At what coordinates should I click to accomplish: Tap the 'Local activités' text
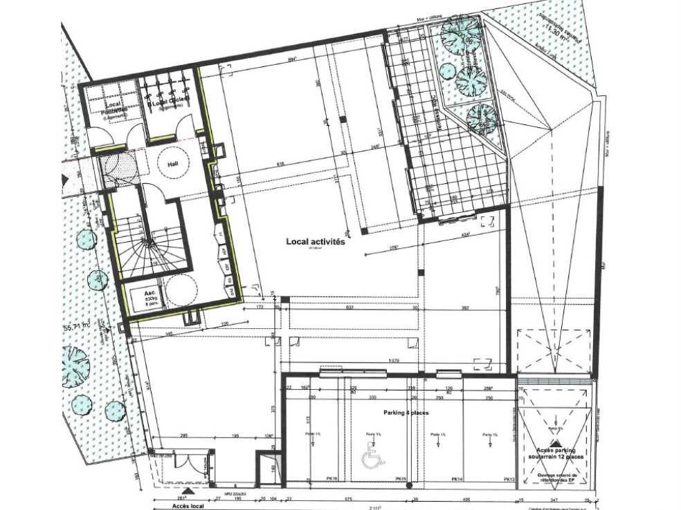pos(315,242)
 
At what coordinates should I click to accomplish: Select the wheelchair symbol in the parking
pos(372,458)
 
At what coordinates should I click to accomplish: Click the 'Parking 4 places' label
pos(407,413)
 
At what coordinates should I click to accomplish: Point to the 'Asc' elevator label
pos(147,293)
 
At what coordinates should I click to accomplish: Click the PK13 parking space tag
pos(509,478)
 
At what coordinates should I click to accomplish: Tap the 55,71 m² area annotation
pos(77,327)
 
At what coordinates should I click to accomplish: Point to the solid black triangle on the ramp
pos(554,428)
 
